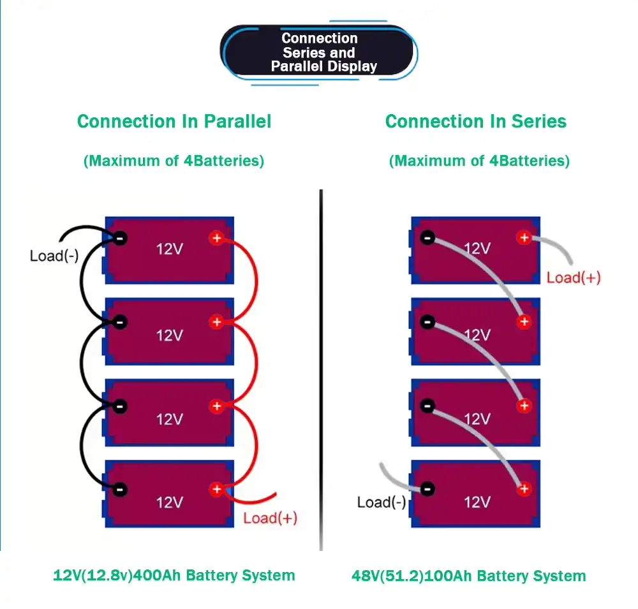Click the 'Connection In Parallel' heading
point(174,121)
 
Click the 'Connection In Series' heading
point(476,121)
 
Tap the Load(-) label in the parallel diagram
point(54,256)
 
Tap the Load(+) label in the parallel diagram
point(270,517)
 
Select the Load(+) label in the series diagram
point(574,277)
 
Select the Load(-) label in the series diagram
point(382,502)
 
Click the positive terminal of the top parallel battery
point(216,238)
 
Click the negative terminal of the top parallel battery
point(119,238)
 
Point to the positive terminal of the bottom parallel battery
point(216,489)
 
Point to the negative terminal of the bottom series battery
point(427,489)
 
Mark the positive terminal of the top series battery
point(524,238)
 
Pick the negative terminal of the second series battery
point(427,322)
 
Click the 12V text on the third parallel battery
point(169,419)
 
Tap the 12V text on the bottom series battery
point(477,502)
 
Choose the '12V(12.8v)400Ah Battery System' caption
point(174,576)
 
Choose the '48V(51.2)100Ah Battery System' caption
point(468,576)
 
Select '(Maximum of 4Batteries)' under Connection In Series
point(479,161)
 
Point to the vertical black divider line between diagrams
point(321,370)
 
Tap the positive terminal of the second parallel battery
point(216,322)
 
